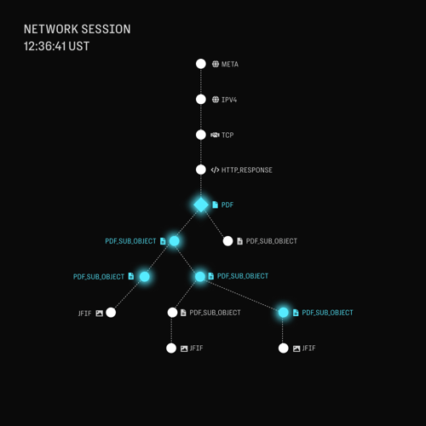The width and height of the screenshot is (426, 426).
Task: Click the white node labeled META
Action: pyautogui.click(x=201, y=64)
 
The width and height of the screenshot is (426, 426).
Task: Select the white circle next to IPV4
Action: pyautogui.click(x=201, y=100)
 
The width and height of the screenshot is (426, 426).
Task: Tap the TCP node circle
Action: pyautogui.click(x=201, y=135)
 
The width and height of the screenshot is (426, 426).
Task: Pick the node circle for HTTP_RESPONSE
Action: pyautogui.click(x=201, y=170)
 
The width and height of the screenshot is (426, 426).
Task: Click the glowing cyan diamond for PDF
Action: pyautogui.click(x=201, y=204)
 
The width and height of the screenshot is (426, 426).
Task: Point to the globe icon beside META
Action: pyautogui.click(x=216, y=64)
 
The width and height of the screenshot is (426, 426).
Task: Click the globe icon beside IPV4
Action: pyautogui.click(x=216, y=100)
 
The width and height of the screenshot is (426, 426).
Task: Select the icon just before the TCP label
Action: pyautogui.click(x=215, y=135)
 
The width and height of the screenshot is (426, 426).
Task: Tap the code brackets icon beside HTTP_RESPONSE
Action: pyautogui.click(x=215, y=170)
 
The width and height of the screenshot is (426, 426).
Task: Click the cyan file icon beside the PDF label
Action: pyautogui.click(x=216, y=204)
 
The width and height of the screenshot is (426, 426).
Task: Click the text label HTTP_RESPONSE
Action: pyautogui.click(x=247, y=170)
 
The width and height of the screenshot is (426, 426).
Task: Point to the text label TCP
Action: pyautogui.click(x=227, y=135)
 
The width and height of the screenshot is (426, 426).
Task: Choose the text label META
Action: pyautogui.click(x=230, y=64)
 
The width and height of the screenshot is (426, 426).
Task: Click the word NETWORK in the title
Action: pyautogui.click(x=51, y=29)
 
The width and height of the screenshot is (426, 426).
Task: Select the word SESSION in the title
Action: pyautogui.click(x=106, y=29)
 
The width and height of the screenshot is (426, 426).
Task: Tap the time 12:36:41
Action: pyautogui.click(x=45, y=46)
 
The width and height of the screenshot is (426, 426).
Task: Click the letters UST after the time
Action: pyautogui.click(x=79, y=46)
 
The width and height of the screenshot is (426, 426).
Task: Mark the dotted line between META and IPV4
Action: pyautogui.click(x=201, y=82)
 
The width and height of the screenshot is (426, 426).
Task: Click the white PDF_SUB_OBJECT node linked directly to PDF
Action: pyautogui.click(x=227, y=241)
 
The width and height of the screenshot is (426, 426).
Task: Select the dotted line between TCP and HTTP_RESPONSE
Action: pyautogui.click(x=201, y=153)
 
